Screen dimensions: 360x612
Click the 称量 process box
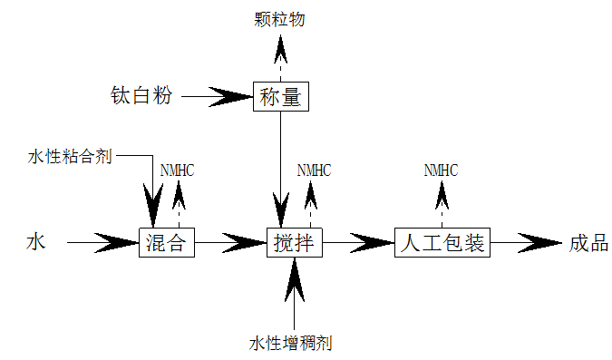click(280, 95)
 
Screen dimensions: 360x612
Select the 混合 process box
click(167, 243)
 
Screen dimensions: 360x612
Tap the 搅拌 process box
click(295, 243)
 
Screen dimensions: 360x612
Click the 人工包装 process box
click(442, 243)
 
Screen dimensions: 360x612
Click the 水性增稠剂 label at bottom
click(296, 344)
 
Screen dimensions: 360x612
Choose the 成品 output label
click(588, 242)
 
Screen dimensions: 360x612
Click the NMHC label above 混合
click(177, 170)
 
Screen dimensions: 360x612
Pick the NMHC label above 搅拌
click(314, 170)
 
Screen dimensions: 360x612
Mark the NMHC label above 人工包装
click(442, 170)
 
